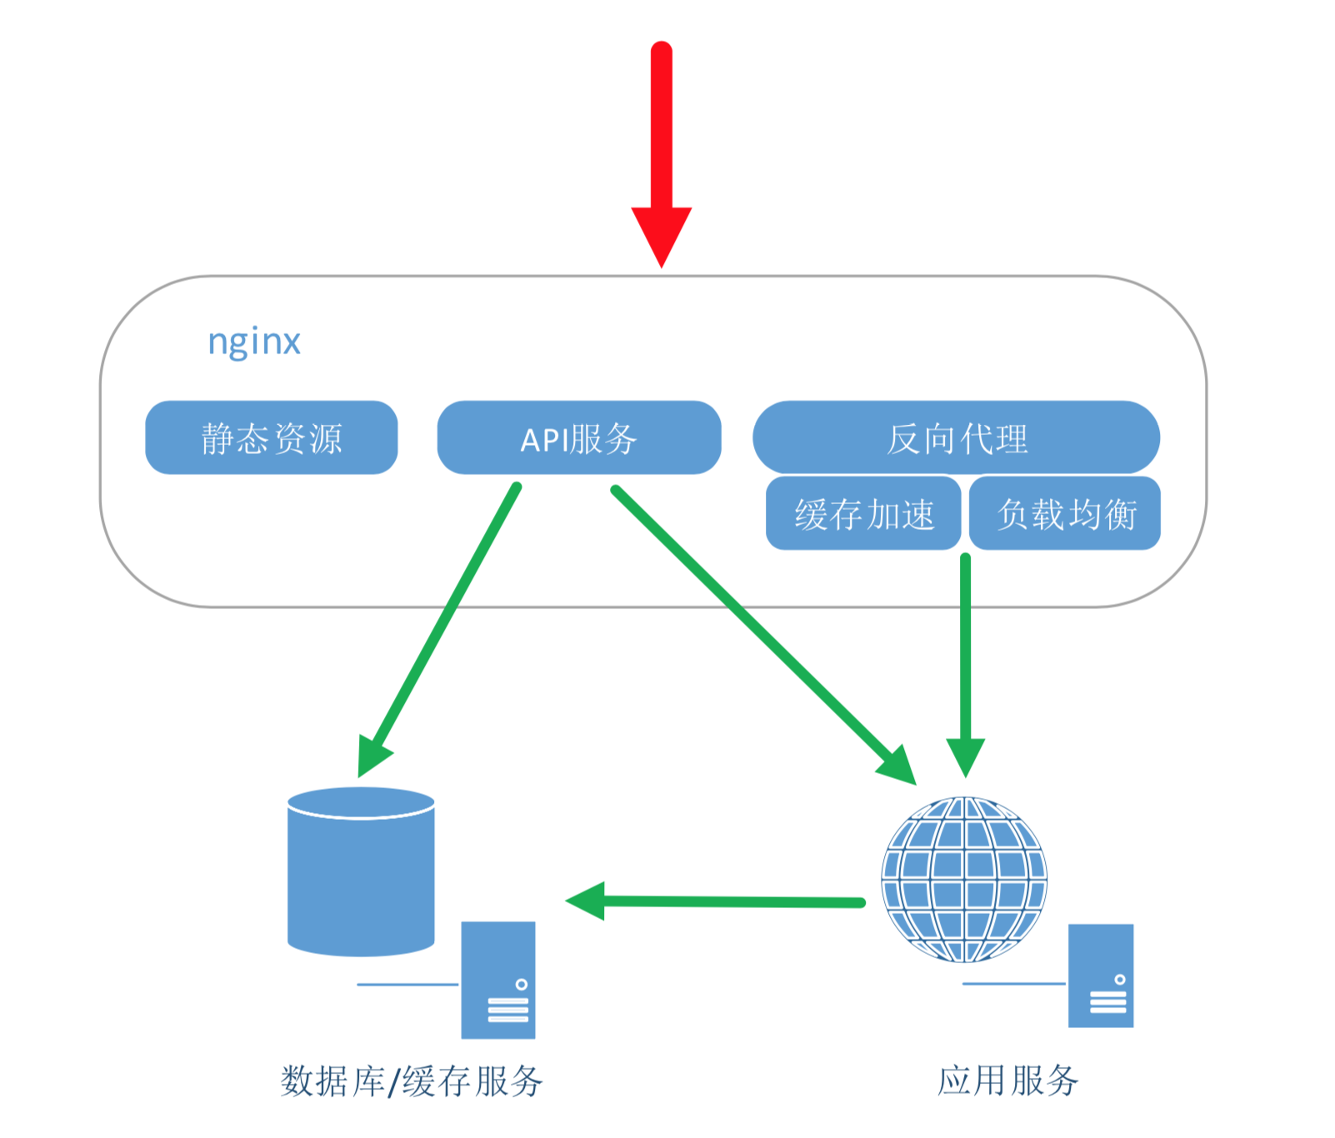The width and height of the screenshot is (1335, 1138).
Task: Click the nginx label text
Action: [254, 342]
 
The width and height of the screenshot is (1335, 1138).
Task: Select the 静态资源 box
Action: [271, 438]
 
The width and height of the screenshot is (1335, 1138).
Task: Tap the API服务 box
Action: [578, 438]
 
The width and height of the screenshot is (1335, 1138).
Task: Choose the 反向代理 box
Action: [956, 438]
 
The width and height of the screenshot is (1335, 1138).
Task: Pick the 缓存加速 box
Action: [863, 514]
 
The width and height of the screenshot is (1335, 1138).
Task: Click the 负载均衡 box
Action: [1065, 514]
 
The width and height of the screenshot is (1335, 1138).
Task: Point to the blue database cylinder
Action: [361, 875]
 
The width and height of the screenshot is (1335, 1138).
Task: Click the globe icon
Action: [964, 879]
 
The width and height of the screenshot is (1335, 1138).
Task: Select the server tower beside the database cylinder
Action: [497, 980]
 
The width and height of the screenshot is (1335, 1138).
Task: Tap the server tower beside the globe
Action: [1100, 975]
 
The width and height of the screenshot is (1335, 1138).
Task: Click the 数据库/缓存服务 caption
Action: [412, 1081]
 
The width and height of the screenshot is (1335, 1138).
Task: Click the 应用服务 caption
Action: [1007, 1081]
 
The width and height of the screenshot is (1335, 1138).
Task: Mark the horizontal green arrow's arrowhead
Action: [586, 901]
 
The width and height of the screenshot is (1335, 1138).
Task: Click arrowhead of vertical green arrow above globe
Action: [966, 755]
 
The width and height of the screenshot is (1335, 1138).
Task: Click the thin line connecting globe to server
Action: [1013, 984]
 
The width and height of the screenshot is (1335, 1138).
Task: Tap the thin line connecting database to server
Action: [408, 985]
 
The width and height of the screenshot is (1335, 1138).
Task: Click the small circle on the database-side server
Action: [522, 985]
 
